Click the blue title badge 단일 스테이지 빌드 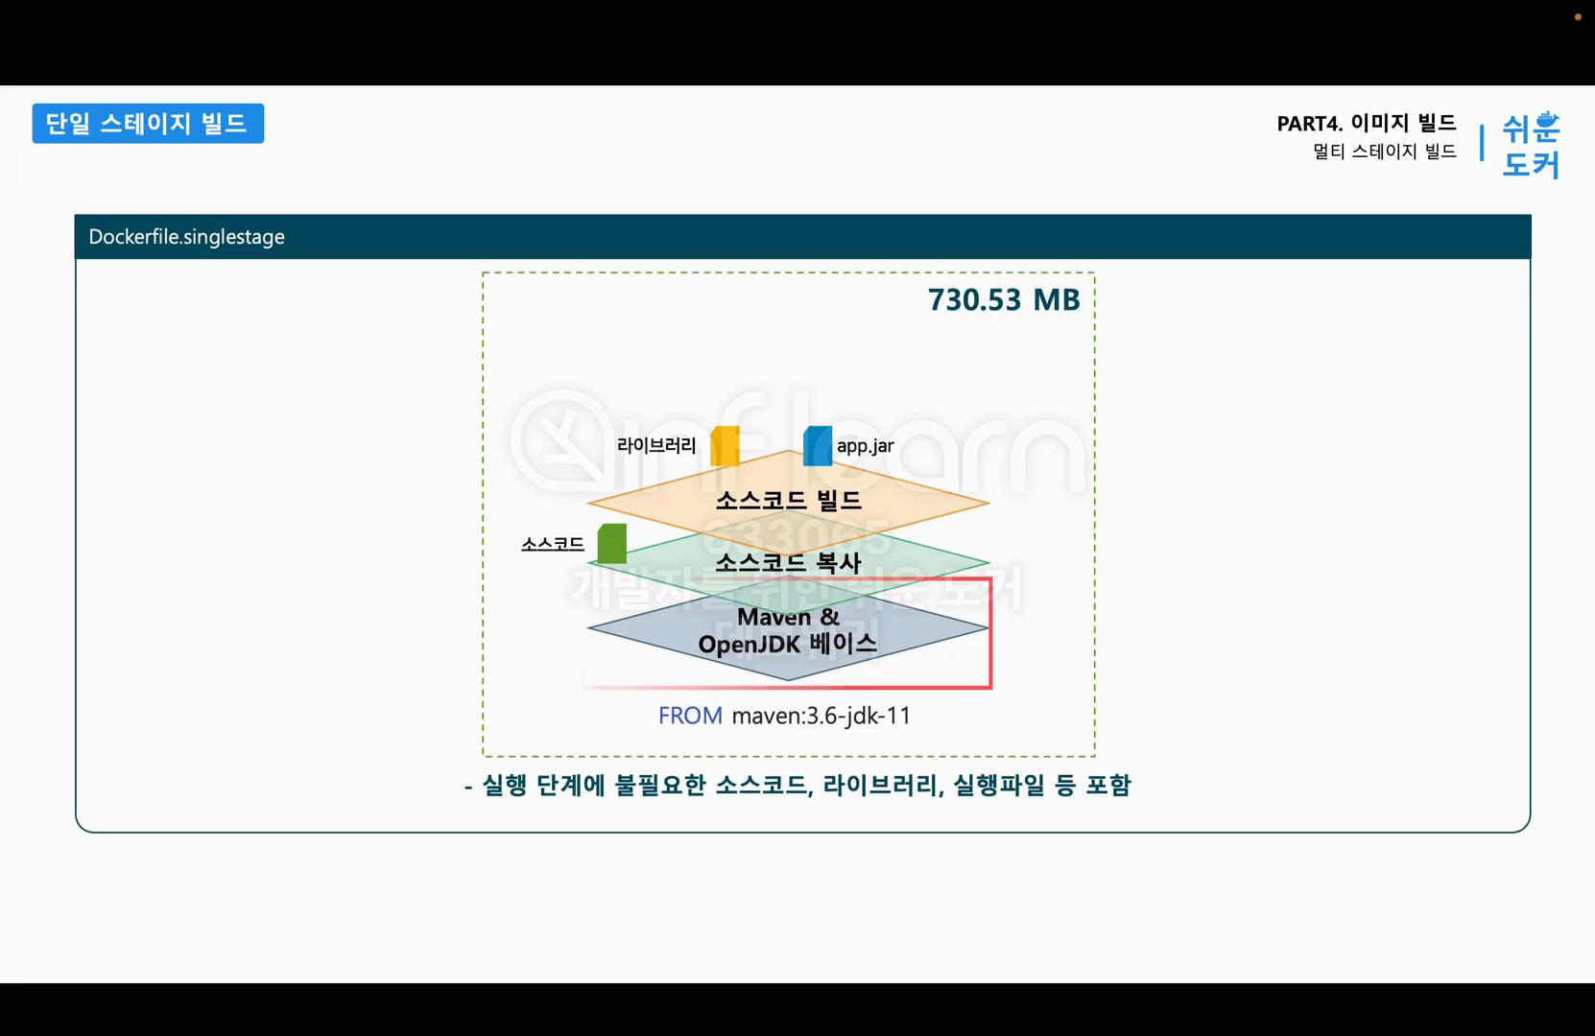click(148, 124)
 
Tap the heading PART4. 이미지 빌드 click(1366, 123)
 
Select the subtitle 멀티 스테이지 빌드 click(1384, 152)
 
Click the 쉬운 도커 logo click(1530, 145)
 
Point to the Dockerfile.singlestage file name click(186, 237)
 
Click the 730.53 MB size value click(1003, 300)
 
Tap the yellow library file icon click(725, 446)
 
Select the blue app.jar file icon click(818, 446)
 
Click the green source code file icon click(612, 543)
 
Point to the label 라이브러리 click(656, 445)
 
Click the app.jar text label click(865, 446)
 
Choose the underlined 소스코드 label click(552, 544)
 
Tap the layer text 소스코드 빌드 click(788, 500)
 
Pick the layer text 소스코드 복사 click(788, 562)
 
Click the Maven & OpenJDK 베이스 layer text click(788, 630)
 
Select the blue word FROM click(690, 716)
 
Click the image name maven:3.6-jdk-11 click(821, 716)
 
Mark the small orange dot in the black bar click(1578, 16)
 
